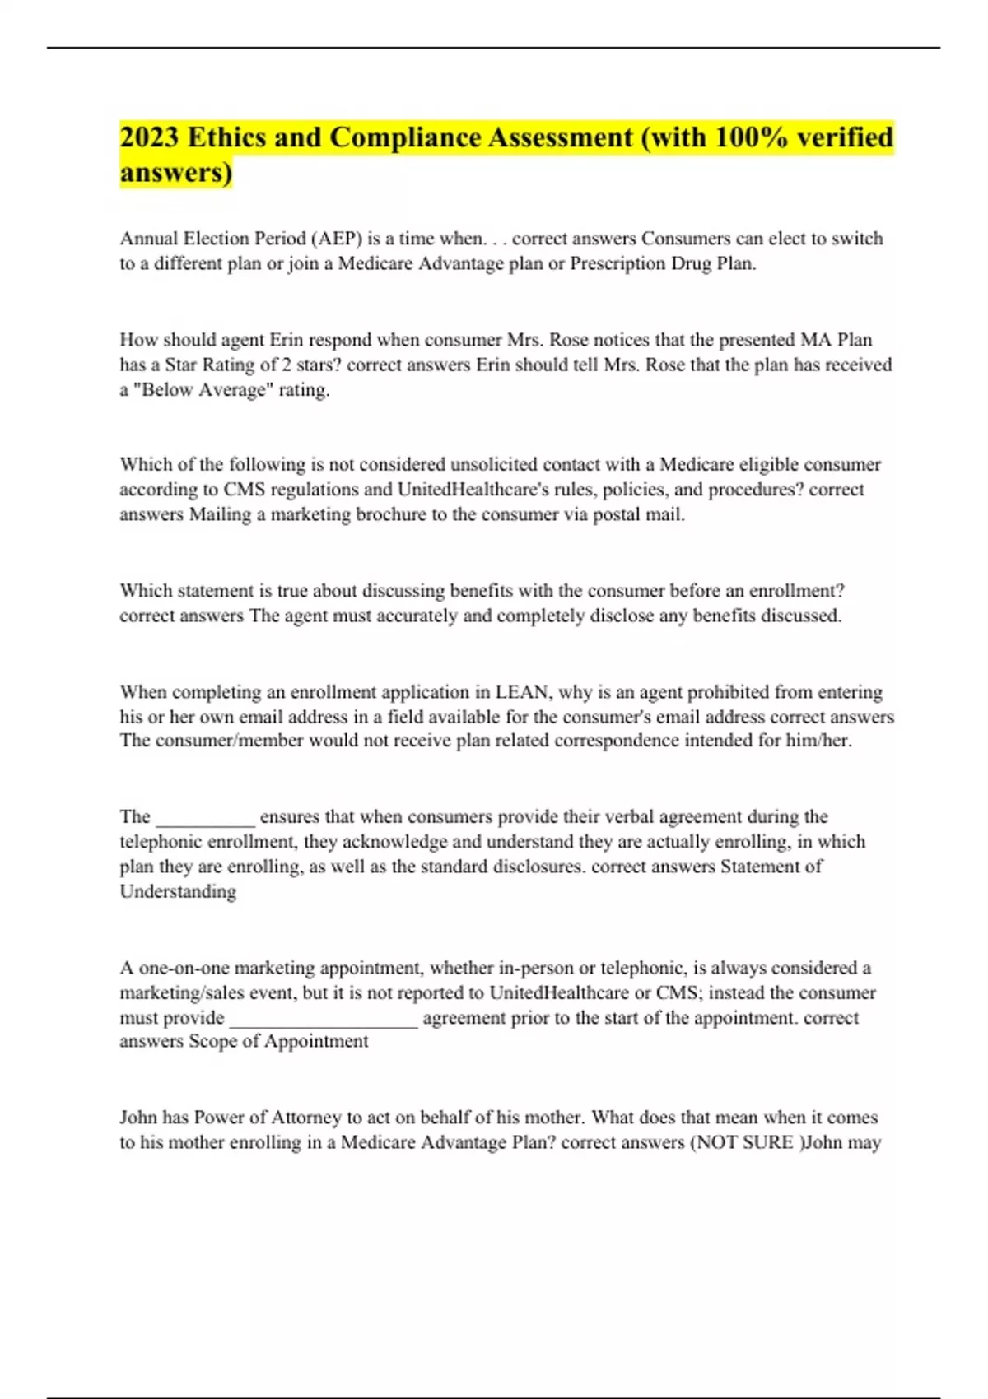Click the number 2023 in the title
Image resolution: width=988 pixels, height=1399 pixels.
point(150,137)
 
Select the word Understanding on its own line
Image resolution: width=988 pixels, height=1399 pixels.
point(178,891)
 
